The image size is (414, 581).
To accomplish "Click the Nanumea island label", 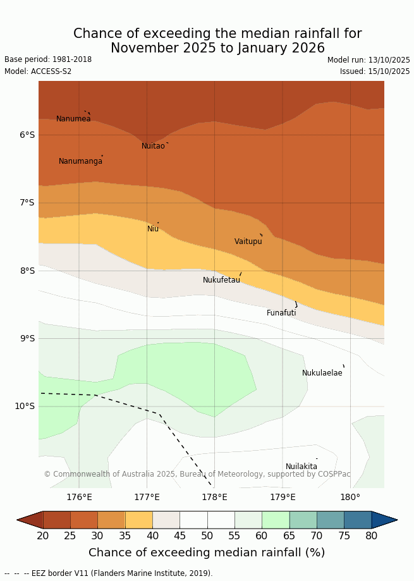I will tap(73, 119).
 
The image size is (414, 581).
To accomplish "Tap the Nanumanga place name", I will tap(80, 161).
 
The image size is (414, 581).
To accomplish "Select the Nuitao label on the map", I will tap(153, 146).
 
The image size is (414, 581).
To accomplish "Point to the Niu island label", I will tap(153, 229).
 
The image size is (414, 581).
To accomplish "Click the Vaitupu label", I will tap(248, 242).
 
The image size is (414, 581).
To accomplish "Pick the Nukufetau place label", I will tap(221, 280).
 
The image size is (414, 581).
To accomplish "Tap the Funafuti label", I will tap(281, 313).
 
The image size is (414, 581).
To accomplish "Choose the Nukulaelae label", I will tap(322, 373).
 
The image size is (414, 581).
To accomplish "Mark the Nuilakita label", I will tap(301, 467).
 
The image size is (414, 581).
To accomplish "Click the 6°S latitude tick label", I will tap(27, 135).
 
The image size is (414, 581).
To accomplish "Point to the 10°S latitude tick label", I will tap(25, 406).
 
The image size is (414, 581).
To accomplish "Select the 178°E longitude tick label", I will tap(214, 497).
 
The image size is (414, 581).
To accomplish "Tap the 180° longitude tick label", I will tap(350, 497).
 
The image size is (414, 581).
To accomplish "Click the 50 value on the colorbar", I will tap(207, 536).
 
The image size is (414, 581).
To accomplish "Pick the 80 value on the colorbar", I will tap(371, 536).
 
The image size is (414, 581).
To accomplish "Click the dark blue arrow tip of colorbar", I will tap(386, 520).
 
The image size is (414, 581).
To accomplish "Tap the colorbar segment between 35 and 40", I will tap(138, 520).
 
